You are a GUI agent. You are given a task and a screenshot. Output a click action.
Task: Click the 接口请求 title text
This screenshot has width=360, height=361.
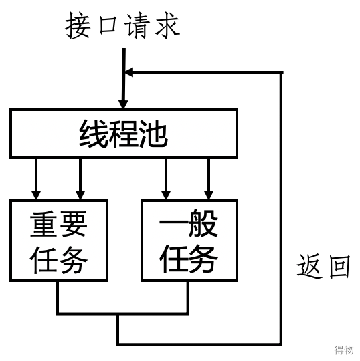122,25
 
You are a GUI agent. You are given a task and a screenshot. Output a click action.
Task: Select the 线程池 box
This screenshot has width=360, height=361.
124,134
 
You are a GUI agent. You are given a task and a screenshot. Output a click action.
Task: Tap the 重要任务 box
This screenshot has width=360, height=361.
59,241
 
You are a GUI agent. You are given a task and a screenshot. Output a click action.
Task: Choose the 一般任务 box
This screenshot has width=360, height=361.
189,241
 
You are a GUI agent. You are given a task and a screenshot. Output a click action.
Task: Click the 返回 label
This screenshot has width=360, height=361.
323,266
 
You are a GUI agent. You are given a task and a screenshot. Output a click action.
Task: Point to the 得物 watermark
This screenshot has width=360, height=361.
344,350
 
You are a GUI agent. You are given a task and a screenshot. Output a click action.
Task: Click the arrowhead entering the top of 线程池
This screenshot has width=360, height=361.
123,104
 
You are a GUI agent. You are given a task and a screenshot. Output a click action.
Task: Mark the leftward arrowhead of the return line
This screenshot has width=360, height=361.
128,72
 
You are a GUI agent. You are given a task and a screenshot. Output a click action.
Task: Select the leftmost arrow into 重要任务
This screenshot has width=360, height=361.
36,179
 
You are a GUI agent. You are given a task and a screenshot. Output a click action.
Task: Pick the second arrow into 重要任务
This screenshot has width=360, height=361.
80,179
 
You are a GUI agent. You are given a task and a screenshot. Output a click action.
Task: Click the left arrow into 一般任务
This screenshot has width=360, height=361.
166,179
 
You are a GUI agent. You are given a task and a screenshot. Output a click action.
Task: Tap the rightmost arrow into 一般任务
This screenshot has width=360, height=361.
209,179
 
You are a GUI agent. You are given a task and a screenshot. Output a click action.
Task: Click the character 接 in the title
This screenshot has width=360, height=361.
78,25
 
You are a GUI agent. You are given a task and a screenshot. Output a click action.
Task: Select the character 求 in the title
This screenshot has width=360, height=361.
167,25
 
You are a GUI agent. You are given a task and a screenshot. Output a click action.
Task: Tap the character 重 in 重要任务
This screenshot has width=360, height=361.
43,224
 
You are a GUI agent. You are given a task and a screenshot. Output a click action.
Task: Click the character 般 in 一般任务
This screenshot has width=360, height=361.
203,223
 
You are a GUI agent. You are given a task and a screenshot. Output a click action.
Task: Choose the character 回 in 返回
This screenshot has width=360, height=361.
339,267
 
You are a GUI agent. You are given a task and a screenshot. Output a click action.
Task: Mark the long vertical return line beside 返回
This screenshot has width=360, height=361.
281,209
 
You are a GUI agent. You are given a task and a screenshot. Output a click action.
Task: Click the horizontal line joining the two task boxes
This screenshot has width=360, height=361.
123,313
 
